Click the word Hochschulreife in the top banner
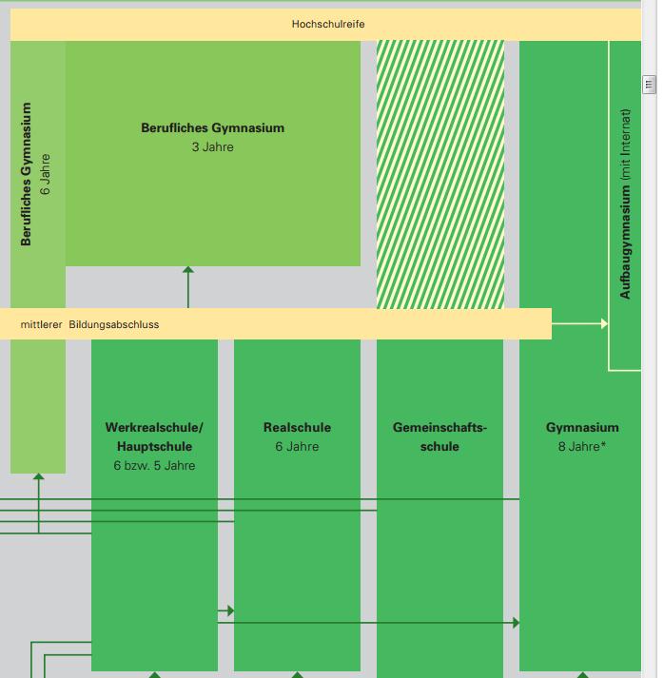327,24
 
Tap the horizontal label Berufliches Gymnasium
212,128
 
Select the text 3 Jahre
212,147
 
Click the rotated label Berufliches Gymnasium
27,174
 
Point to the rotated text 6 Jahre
46,174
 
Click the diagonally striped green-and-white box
440,174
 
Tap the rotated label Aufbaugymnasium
625,243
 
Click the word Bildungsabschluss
113,324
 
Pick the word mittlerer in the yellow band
41,324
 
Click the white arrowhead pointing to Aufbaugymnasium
603,324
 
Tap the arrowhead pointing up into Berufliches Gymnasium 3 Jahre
188,272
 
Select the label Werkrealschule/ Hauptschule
154,436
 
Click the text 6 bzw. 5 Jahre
154,466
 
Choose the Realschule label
297,428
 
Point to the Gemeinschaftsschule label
439,436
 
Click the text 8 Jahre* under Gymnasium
582,446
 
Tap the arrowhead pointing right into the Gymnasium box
516,623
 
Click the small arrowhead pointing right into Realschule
230,610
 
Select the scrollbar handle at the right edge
650,85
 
